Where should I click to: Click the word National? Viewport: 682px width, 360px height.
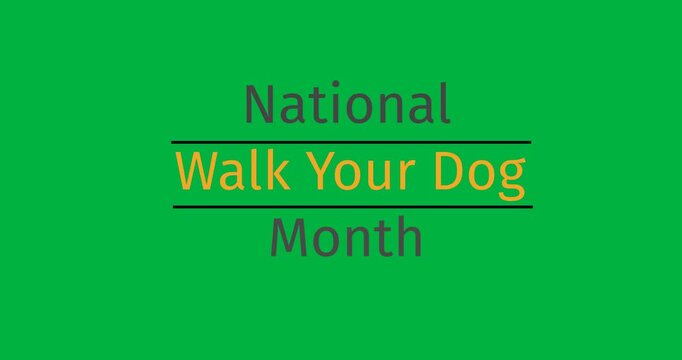347,104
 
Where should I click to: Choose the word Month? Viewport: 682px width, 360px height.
346,238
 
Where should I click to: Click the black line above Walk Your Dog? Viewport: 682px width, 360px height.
351,142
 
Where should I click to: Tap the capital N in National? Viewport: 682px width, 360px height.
259,104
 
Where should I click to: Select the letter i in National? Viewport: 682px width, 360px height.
332,104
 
